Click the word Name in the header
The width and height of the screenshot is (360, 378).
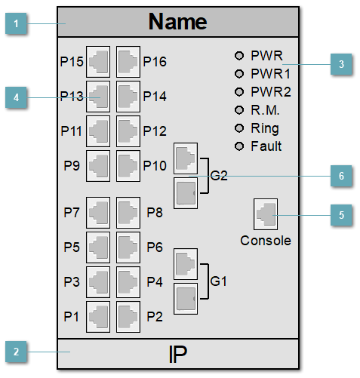coord(178,21)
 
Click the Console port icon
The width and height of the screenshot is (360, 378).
coord(266,214)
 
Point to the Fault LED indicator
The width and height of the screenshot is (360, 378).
coord(240,146)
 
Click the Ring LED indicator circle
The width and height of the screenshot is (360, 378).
coord(240,128)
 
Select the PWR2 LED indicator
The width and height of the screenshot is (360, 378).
coord(240,91)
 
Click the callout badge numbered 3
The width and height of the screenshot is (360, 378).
coord(341,65)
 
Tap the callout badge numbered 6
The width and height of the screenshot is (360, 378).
coord(341,175)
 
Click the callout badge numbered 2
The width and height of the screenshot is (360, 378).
coord(16,351)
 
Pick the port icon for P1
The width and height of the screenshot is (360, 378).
coord(99,315)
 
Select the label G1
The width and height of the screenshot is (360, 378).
coord(219,281)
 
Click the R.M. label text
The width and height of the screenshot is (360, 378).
coord(265,109)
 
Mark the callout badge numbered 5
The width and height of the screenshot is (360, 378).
coord(341,215)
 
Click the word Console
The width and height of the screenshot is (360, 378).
coord(265,241)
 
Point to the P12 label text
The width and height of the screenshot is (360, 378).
coord(154,131)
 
